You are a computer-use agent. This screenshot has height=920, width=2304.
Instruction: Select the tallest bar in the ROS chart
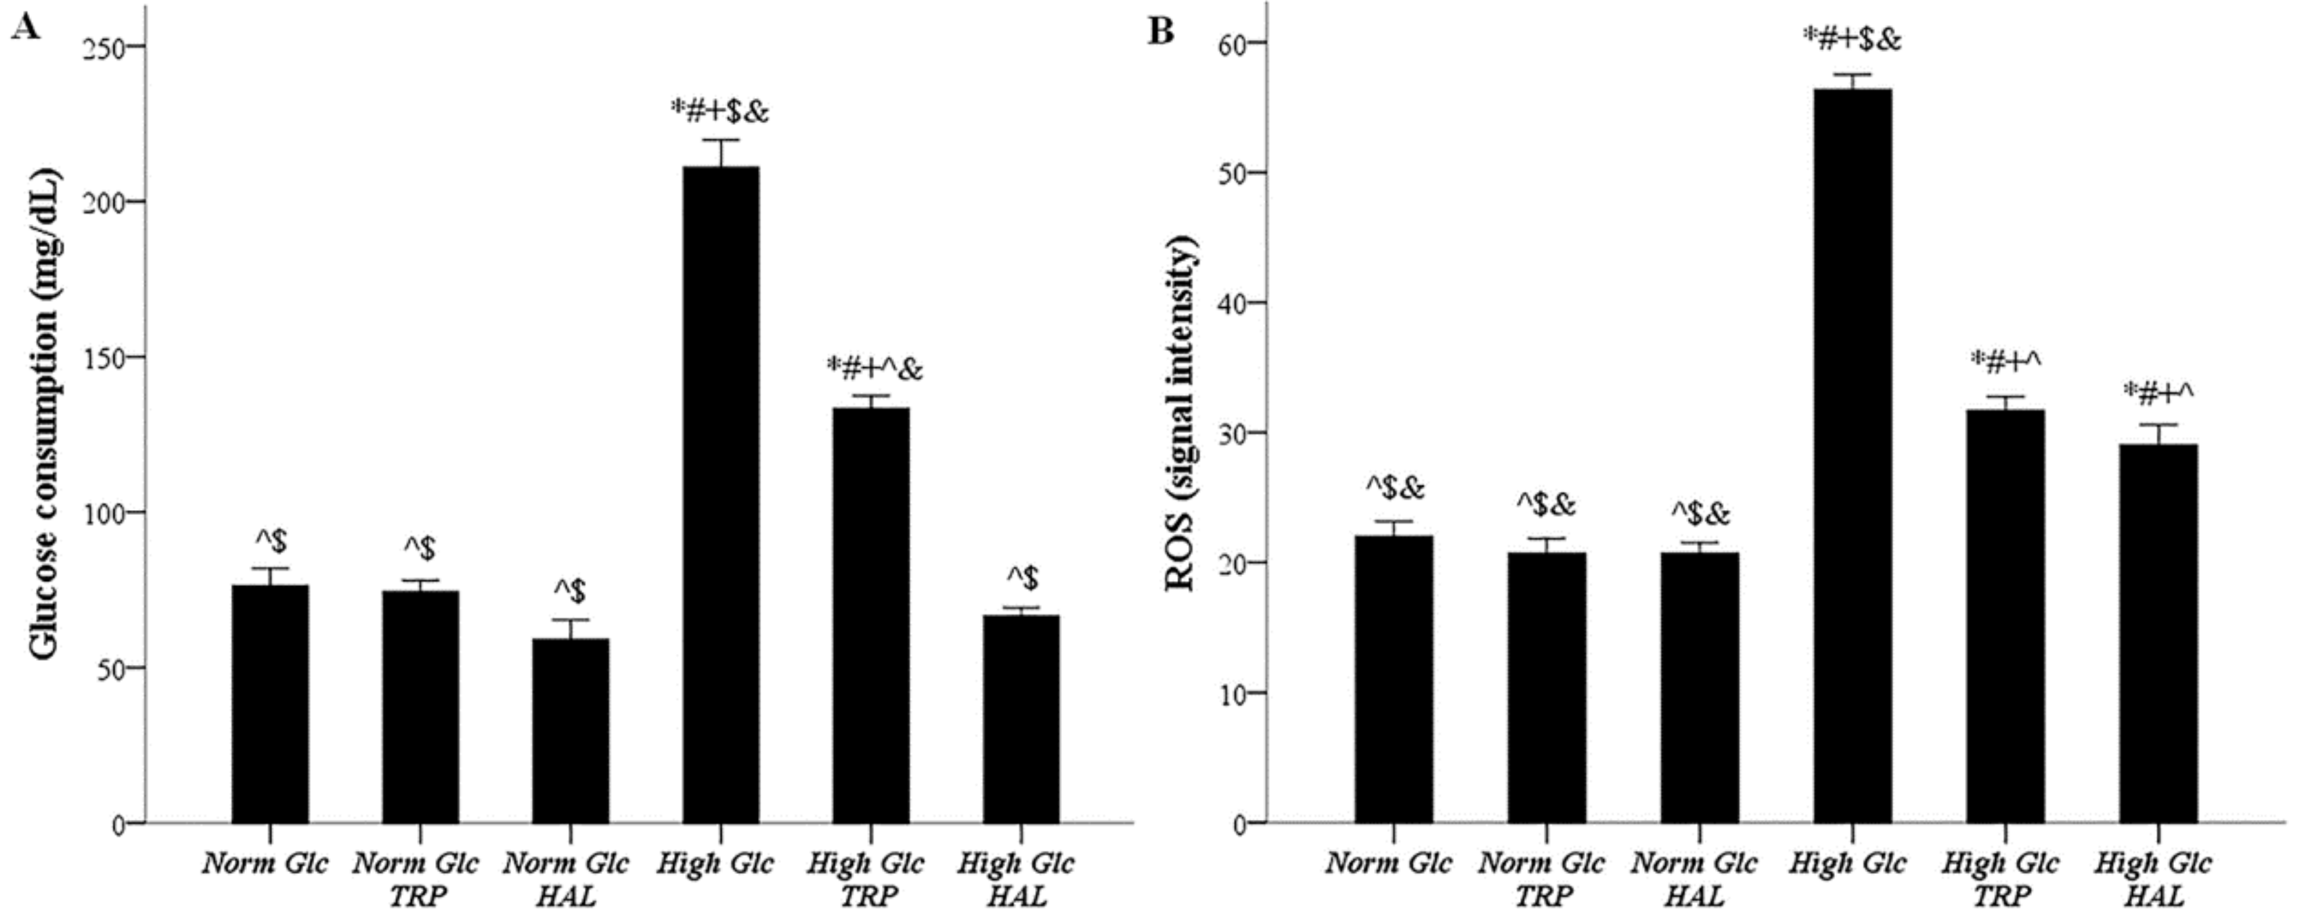coord(1853,456)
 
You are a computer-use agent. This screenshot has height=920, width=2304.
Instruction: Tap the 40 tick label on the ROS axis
coord(1232,303)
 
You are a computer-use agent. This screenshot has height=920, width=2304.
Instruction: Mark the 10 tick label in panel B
coord(1232,693)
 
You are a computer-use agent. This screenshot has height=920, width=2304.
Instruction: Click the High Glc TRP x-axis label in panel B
coord(2000,879)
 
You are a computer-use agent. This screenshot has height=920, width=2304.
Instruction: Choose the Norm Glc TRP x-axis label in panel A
coord(415,879)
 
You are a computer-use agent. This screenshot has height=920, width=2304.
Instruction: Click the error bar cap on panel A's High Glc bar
coord(721,141)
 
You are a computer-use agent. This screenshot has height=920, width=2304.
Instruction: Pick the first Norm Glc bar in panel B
coord(1394,679)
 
